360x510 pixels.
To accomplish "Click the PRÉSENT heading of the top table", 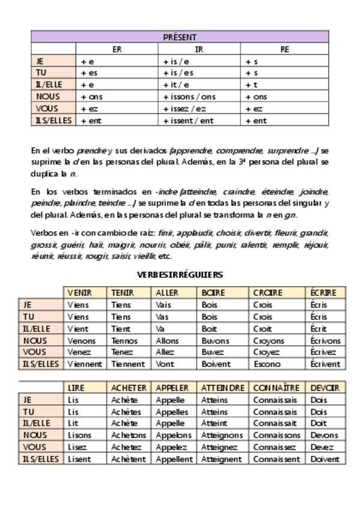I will click(x=180, y=37).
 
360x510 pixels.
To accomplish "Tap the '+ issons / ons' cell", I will click(x=189, y=97).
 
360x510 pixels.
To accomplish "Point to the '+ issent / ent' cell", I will click(x=189, y=121).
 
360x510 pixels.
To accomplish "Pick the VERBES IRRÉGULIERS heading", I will click(x=180, y=275).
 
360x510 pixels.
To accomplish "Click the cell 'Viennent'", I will click(x=85, y=364).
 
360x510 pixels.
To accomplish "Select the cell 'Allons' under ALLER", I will click(x=167, y=340).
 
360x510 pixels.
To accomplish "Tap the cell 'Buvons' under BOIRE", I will click(x=215, y=340).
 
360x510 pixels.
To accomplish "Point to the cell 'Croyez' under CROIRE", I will click(x=266, y=352).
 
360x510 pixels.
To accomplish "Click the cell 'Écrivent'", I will click(x=326, y=364).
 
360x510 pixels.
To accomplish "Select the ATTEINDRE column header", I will click(x=222, y=388).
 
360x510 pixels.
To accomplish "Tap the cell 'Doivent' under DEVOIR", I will click(x=324, y=459).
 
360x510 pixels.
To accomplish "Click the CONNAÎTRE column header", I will click(x=276, y=388).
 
